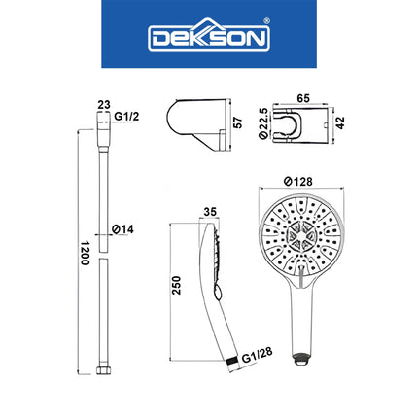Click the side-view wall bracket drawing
click(199, 122)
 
